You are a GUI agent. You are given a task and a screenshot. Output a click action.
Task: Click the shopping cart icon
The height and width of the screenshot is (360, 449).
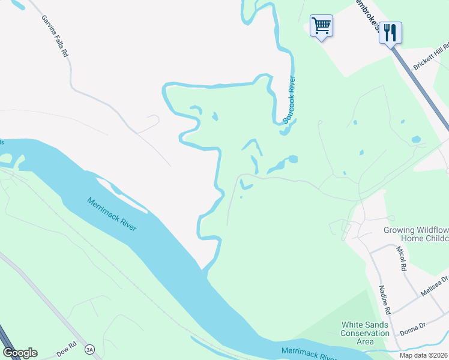pos(321,26)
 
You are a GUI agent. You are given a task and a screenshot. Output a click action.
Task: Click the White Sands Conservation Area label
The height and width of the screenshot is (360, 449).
pos(365,333)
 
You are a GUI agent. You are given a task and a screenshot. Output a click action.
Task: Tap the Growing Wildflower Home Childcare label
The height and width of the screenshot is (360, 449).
pos(416,234)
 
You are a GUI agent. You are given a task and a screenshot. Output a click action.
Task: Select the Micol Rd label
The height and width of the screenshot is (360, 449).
pos(403,257)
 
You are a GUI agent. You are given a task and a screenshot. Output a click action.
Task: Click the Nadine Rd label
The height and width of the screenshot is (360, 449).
pos(385,301)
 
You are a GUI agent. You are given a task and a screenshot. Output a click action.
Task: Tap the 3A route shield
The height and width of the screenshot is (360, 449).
pos(90,349)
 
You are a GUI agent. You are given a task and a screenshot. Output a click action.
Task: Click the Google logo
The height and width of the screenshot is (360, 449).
pos(20,353)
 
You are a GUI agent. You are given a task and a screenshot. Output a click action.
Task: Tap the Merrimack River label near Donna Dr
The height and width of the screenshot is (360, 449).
pos(306,350)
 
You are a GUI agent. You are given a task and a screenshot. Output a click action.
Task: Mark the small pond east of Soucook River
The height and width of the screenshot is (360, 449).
pos(415,139)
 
